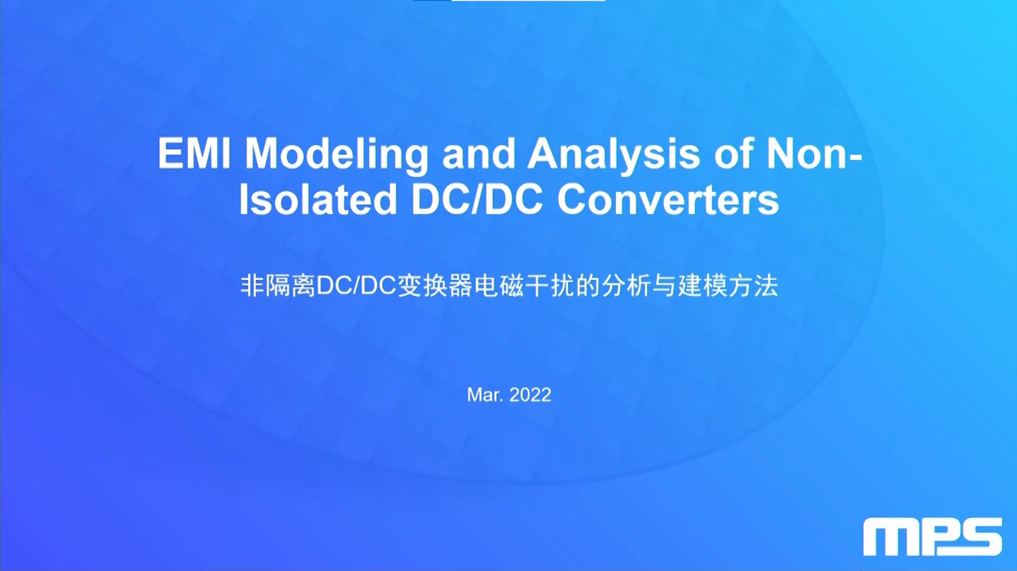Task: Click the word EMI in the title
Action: pos(194,153)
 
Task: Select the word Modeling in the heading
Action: pos(336,154)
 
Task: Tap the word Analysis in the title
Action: pos(613,154)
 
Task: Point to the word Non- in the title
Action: pos(814,153)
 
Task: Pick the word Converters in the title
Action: pos(668,200)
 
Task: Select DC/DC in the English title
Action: pos(477,199)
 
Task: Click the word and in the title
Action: pos(478,153)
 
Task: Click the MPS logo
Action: pos(933,537)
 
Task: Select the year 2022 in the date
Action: pos(530,395)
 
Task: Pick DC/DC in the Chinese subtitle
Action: pos(356,285)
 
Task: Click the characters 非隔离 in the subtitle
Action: pos(278,285)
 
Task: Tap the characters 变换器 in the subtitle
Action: pos(434,285)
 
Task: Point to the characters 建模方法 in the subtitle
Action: pos(728,285)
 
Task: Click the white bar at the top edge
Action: pos(528,1)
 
